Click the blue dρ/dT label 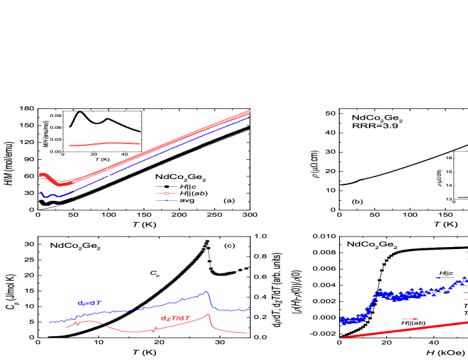(x=89, y=303)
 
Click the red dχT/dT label (x=175, y=318)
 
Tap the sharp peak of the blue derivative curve (x=207, y=291)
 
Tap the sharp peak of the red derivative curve (x=209, y=314)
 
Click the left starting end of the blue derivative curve (x=50, y=322)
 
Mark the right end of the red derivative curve (x=247, y=333)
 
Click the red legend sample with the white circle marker (x=167, y=194)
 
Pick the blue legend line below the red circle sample (x=167, y=200)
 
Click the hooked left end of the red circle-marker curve (x=41, y=175)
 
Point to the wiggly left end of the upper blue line (x=42, y=194)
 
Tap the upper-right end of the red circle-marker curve (x=249, y=112)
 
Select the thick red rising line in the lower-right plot (x=403, y=330)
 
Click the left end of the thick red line (x=341, y=337)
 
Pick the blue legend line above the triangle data (x=444, y=277)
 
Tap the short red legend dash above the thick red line (x=410, y=319)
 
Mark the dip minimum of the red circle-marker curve (x=61, y=184)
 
